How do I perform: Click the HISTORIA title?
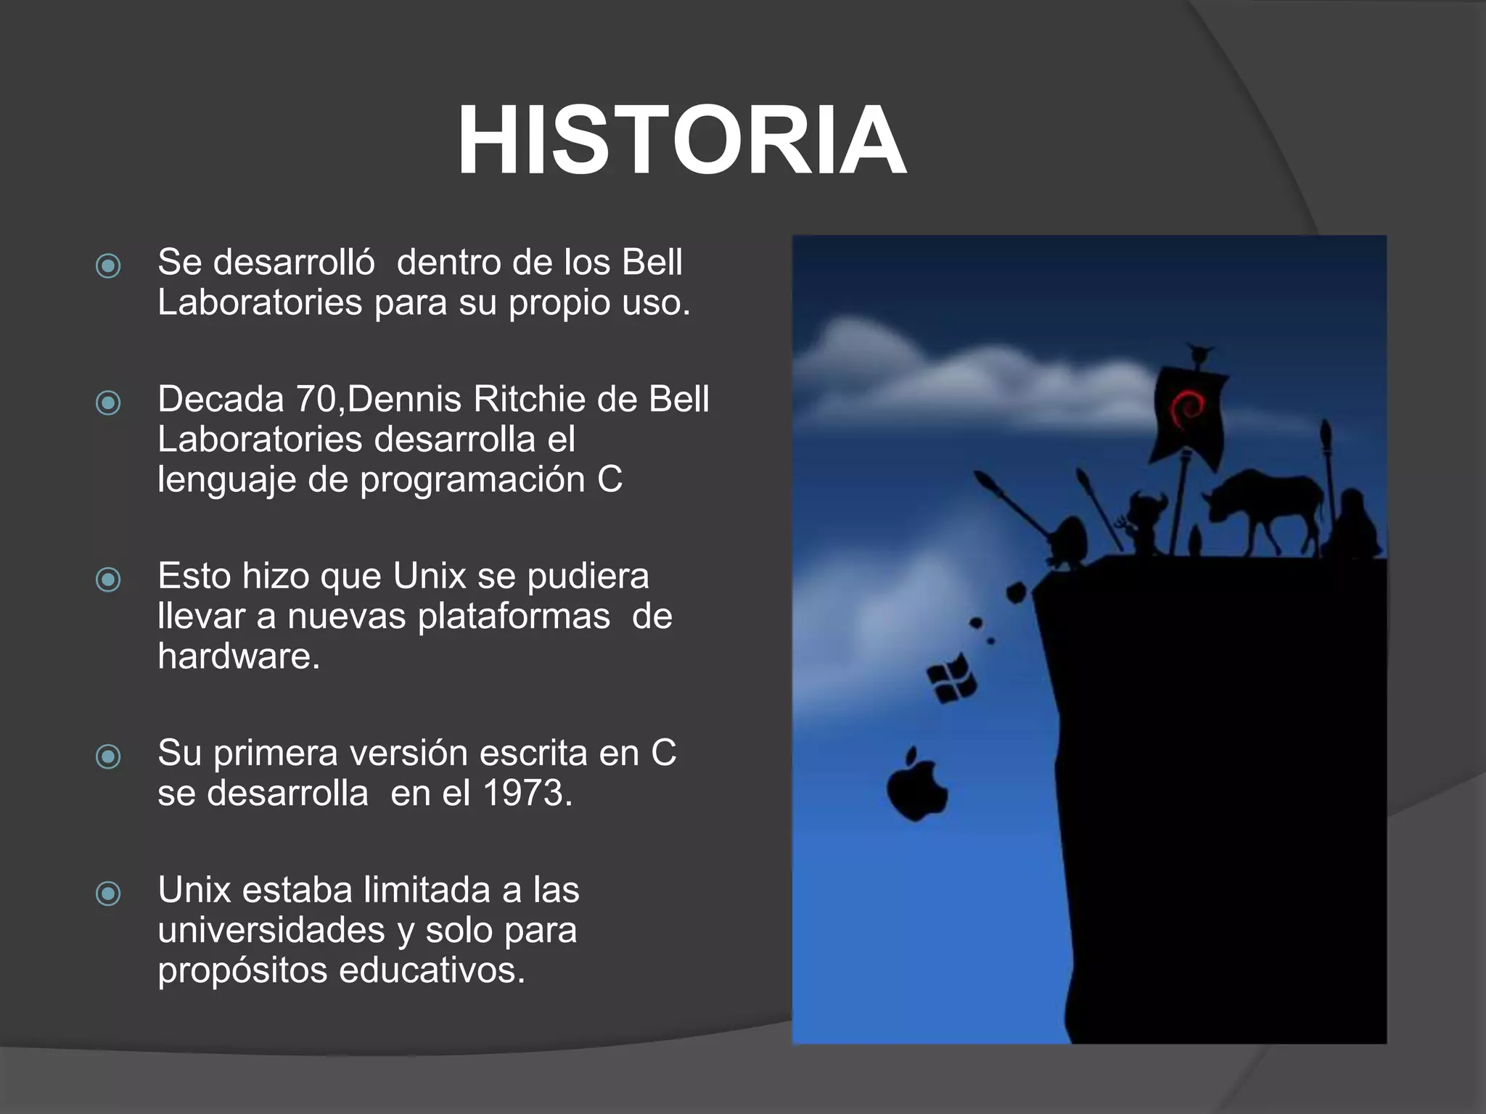[x=681, y=140]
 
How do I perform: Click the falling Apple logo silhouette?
[x=916, y=788]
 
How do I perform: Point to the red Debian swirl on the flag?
[x=1187, y=409]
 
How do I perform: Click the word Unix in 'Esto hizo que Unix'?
[x=429, y=576]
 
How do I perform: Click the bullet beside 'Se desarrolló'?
[x=108, y=265]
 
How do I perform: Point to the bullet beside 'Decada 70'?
[x=108, y=402]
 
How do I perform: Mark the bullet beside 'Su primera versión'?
[x=108, y=756]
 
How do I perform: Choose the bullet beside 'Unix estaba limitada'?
[x=108, y=893]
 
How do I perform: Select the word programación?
[x=472, y=479]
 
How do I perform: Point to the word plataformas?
[x=514, y=616]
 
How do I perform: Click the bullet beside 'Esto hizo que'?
[x=108, y=579]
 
